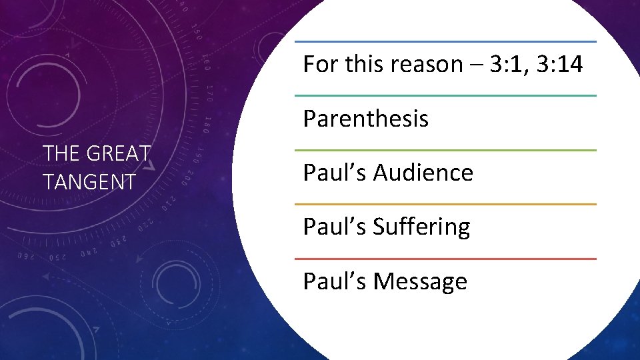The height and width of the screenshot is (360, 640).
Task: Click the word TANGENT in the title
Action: (89, 181)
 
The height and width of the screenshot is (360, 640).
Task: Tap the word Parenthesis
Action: (365, 119)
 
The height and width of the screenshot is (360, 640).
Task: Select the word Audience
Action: (423, 173)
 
